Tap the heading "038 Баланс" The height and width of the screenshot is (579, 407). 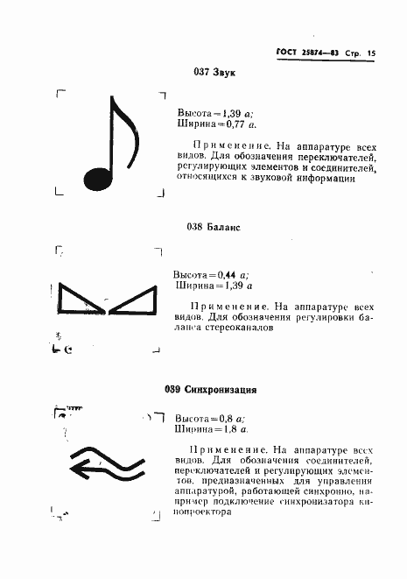click(x=214, y=226)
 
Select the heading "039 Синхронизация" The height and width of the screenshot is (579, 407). click(x=209, y=389)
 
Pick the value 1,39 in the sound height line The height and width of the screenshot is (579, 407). click(x=232, y=114)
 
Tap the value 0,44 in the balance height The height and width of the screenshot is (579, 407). click(x=226, y=274)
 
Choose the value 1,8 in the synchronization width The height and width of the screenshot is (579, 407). click(x=227, y=430)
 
